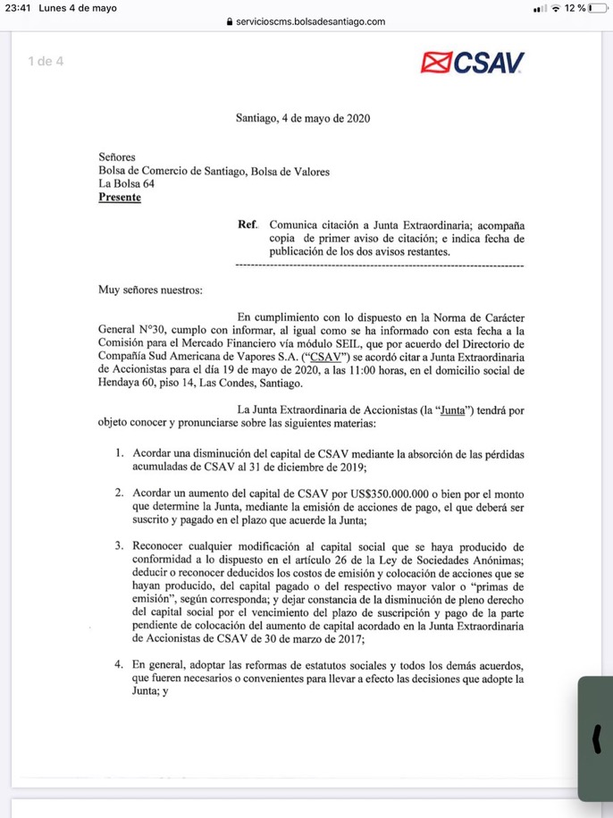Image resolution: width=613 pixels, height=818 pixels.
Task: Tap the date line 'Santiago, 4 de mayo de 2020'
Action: click(x=303, y=117)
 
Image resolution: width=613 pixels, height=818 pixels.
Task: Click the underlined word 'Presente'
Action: click(x=120, y=198)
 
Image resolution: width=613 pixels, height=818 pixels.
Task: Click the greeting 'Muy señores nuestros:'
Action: click(x=151, y=290)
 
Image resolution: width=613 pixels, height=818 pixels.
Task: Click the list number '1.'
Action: click(x=119, y=453)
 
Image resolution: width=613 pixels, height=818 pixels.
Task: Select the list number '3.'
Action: click(x=119, y=546)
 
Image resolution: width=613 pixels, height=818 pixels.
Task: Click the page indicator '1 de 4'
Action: click(x=46, y=62)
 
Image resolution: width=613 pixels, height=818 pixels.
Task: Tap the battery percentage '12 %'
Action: click(x=575, y=8)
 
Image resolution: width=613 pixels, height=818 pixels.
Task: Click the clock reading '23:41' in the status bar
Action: click(x=17, y=8)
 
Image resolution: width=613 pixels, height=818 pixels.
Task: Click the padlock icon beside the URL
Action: click(x=230, y=21)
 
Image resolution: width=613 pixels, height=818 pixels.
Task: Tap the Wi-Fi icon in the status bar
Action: click(x=556, y=8)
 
